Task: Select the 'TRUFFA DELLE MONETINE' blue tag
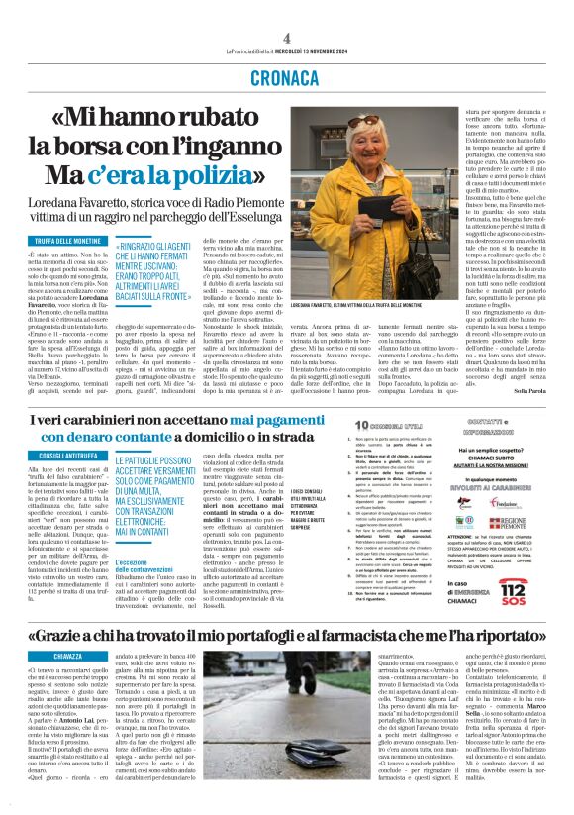tap(72, 241)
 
